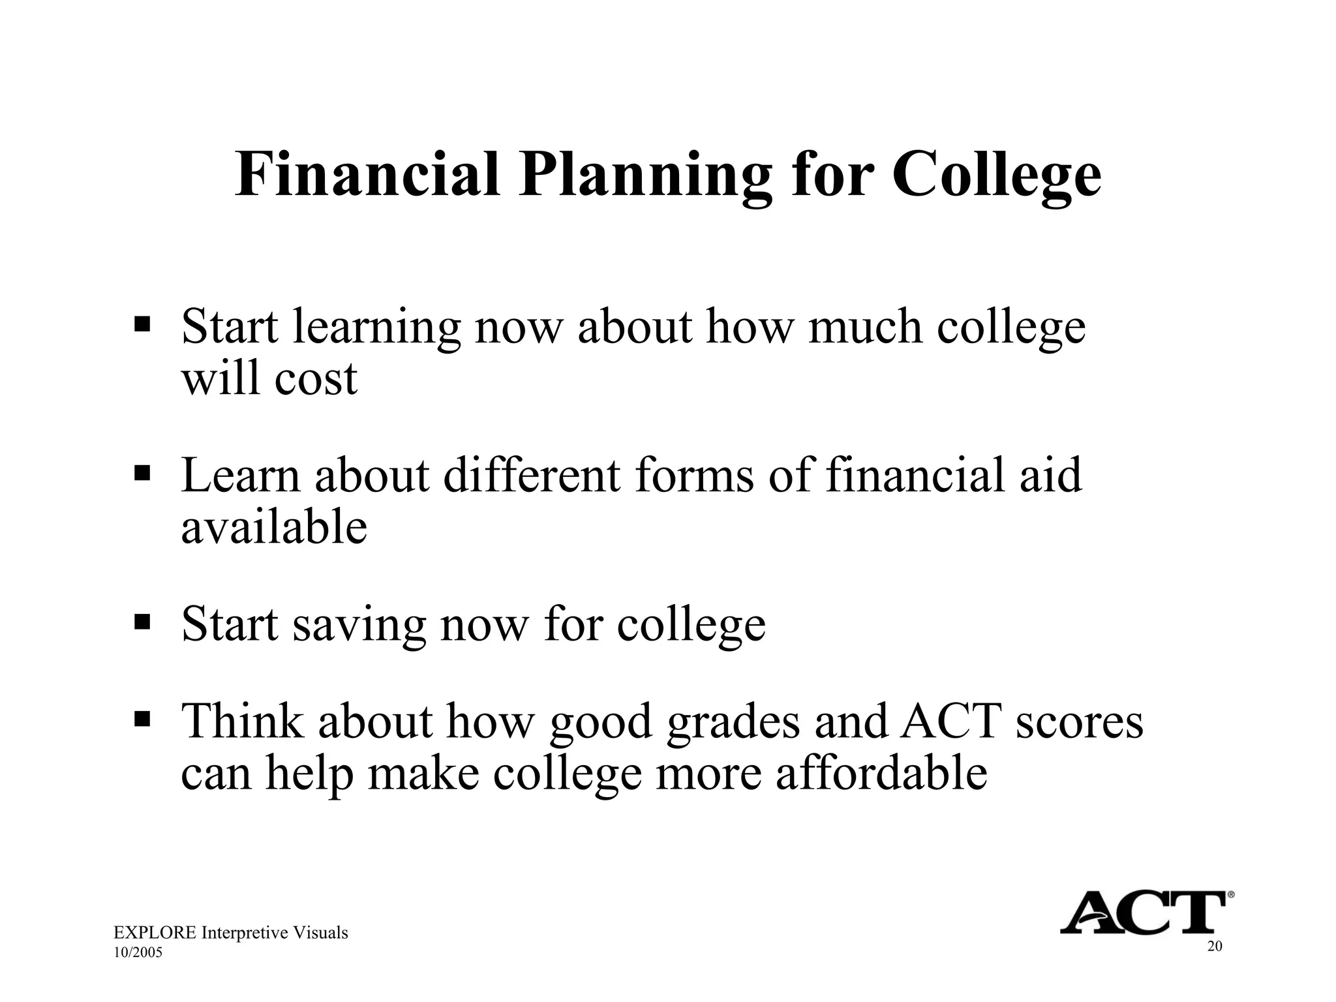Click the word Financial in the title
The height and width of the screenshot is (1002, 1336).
coord(367,175)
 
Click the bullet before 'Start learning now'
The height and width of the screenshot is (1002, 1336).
coord(142,324)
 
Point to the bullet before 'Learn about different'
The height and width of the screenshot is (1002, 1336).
coord(142,472)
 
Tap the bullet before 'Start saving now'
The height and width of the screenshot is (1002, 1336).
coord(142,620)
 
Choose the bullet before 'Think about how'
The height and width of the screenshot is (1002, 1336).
coord(142,719)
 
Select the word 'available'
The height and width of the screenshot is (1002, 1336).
coord(274,526)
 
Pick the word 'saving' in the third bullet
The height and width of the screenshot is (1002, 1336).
coord(359,624)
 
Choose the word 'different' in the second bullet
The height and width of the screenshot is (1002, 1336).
coord(532,475)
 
